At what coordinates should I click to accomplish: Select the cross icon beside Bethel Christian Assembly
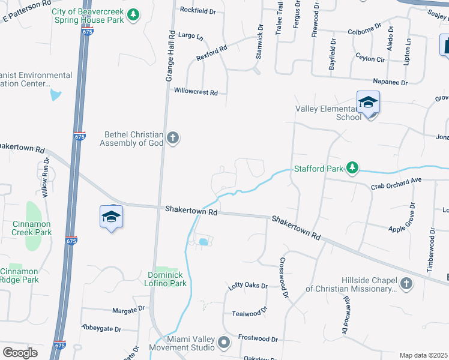172,139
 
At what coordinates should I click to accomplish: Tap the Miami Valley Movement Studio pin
224,343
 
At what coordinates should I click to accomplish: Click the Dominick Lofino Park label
160,279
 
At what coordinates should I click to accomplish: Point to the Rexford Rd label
211,54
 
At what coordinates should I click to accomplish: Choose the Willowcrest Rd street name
196,92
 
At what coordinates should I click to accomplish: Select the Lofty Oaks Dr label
248,286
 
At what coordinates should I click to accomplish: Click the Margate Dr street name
128,310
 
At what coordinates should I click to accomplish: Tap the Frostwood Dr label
258,339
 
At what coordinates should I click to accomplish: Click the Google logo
20,353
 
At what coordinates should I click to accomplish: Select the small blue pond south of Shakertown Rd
204,242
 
